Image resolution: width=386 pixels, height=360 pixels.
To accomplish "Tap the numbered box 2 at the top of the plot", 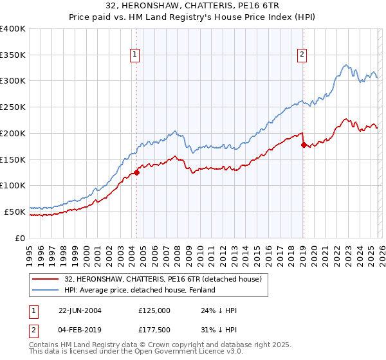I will (302, 55).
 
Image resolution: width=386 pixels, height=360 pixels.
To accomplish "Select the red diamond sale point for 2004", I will (137, 172).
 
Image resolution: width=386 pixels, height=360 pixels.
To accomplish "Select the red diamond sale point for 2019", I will (303, 145).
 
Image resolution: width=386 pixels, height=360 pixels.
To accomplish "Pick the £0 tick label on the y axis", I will (21, 238).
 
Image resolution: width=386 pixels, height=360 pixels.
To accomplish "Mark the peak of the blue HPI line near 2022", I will (346, 65).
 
